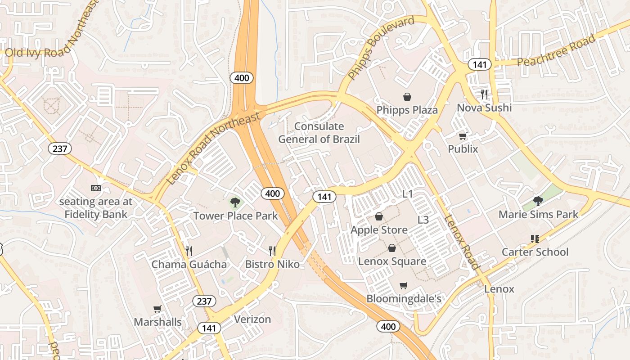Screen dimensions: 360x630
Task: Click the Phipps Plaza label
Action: pos(407,110)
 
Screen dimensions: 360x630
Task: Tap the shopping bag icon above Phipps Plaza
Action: pos(407,96)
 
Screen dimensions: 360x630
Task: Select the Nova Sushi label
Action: pos(484,108)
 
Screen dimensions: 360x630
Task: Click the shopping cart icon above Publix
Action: pos(463,136)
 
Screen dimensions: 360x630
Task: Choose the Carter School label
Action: pos(535,252)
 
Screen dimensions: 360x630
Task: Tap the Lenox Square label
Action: pos(392,261)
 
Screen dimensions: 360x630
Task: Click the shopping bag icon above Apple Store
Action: pos(379,217)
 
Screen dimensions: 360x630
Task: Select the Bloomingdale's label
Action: pos(404,299)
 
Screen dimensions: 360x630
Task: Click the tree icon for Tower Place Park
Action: pos(235,202)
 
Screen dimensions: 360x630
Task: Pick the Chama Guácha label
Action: pos(189,264)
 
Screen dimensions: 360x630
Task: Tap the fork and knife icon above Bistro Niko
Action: pos(272,251)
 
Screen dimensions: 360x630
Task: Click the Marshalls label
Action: pos(157,322)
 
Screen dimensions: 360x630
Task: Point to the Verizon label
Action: pos(252,319)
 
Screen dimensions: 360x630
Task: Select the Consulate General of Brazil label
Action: pos(319,133)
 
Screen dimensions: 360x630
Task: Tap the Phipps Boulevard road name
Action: pos(381,48)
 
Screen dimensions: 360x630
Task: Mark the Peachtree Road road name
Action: pos(556,50)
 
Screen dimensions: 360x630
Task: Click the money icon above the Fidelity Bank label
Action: pos(95,188)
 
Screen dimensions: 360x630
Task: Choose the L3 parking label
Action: pos(423,220)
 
